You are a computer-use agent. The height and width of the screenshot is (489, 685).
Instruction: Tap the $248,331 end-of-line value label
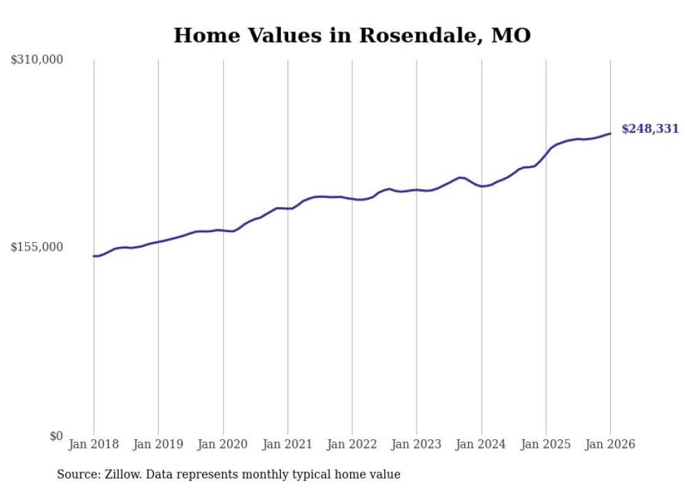click(650, 129)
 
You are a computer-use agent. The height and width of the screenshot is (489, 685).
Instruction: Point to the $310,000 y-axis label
click(37, 60)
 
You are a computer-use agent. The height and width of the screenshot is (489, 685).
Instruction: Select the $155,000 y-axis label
click(37, 247)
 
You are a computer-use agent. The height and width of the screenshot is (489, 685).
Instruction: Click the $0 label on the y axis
click(56, 436)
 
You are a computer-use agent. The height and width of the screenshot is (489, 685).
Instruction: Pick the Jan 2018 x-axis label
click(94, 444)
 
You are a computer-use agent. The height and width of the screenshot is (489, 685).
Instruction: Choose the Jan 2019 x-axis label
click(158, 444)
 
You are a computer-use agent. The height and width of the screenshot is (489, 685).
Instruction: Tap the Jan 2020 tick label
click(223, 444)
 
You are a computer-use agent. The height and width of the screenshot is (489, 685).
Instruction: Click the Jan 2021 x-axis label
click(287, 444)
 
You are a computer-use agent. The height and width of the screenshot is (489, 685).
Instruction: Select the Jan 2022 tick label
click(352, 444)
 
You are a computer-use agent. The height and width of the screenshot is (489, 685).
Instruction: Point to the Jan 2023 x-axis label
click(417, 444)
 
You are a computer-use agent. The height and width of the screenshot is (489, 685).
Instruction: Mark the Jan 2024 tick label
click(481, 444)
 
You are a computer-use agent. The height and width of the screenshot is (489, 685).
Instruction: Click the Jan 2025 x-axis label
click(545, 444)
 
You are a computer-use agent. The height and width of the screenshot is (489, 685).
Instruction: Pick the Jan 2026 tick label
click(610, 444)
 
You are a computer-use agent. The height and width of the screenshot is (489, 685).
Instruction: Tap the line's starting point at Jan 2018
click(94, 256)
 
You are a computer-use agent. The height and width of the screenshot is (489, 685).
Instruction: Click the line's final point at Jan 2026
click(610, 133)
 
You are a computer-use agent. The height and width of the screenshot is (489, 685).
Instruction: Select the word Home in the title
click(203, 35)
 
